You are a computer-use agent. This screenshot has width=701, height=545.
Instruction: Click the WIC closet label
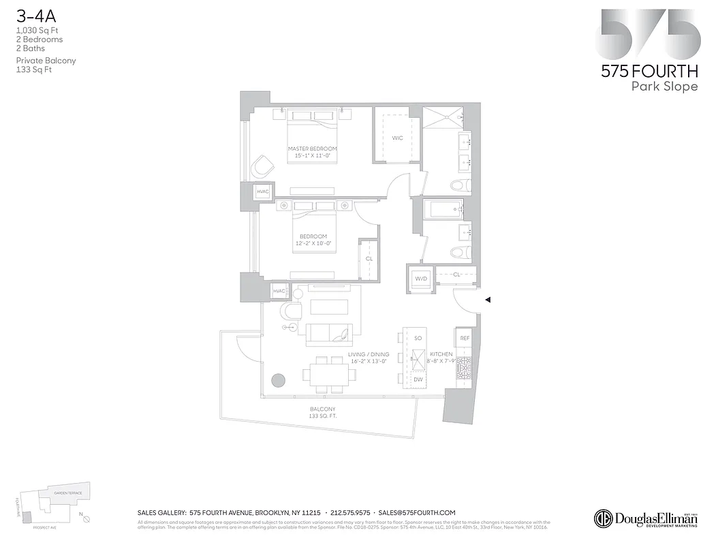click(397, 138)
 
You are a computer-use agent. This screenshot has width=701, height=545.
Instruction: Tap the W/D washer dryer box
click(421, 278)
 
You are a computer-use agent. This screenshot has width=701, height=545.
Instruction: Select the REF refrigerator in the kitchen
click(465, 338)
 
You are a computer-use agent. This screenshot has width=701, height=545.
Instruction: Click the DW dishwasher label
click(418, 380)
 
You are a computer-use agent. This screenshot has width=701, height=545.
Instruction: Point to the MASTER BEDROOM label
click(312, 149)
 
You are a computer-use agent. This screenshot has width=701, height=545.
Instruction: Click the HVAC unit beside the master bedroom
click(263, 192)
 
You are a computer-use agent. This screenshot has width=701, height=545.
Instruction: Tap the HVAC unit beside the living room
click(279, 292)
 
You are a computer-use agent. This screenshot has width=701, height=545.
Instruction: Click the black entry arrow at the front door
click(487, 299)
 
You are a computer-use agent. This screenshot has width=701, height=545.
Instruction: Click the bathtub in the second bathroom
click(443, 209)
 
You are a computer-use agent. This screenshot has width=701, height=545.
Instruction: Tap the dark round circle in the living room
click(277, 380)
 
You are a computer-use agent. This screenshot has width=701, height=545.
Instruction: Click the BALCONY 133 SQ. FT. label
click(322, 412)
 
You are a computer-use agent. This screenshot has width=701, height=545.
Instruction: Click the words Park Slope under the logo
click(664, 87)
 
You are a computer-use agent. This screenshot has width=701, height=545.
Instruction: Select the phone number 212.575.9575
click(350, 513)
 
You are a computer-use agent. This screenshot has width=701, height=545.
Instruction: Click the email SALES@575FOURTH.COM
click(416, 513)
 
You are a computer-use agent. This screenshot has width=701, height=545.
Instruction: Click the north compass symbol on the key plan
click(87, 519)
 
